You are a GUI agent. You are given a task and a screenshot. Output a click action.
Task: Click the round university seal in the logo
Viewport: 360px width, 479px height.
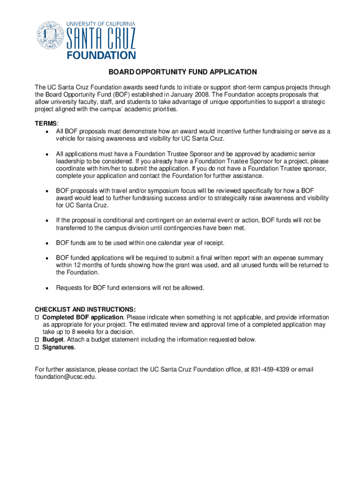pyautogui.click(x=50, y=36)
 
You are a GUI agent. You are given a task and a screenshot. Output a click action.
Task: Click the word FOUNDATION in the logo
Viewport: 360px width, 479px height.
pyautogui.click(x=101, y=55)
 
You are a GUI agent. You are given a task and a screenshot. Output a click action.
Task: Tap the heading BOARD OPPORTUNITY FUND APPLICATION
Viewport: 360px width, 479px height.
pyautogui.click(x=183, y=72)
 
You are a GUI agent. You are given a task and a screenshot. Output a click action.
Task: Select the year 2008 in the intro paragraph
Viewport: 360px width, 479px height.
pyautogui.click(x=201, y=94)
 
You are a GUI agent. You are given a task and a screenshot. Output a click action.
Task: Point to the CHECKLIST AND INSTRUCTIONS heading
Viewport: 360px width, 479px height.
pyautogui.click(x=86, y=310)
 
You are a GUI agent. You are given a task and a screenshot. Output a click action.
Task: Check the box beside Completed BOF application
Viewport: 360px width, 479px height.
pyautogui.click(x=37, y=317)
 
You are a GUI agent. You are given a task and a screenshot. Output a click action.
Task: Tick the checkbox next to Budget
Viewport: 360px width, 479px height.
pyautogui.click(x=37, y=340)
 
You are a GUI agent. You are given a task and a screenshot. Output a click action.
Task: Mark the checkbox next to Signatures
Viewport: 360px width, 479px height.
pyautogui.click(x=37, y=348)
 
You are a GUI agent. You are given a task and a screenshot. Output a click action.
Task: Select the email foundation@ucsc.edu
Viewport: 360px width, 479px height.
pyautogui.click(x=65, y=377)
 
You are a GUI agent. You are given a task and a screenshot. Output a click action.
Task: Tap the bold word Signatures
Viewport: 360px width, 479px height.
pyautogui.click(x=58, y=348)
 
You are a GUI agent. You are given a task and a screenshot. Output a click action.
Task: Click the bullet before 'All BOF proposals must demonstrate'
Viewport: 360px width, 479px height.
pyautogui.click(x=47, y=131)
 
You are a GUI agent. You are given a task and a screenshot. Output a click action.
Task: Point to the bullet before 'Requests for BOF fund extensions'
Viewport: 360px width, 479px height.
pyautogui.click(x=47, y=288)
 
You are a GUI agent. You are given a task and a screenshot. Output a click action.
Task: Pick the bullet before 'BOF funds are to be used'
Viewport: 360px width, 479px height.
pyautogui.click(x=47, y=243)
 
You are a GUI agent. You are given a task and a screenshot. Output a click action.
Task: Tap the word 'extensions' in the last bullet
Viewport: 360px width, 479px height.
pyautogui.click(x=129, y=288)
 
